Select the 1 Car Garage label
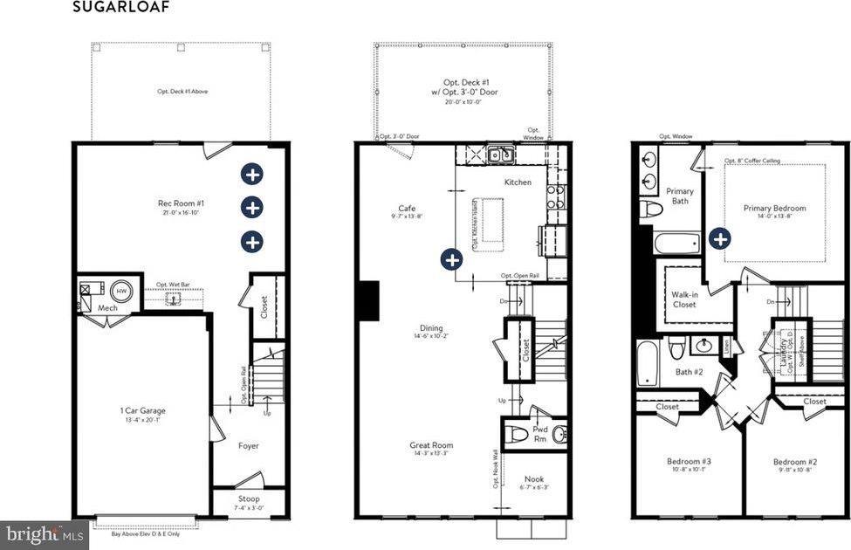pyautogui.click(x=142, y=410)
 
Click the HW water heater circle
pyautogui.click(x=122, y=291)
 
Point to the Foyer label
pyautogui.click(x=249, y=446)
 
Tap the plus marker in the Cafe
pyautogui.click(x=451, y=258)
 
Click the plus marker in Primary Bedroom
pyautogui.click(x=719, y=238)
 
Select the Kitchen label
pyautogui.click(x=518, y=182)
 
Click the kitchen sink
pyautogui.click(x=500, y=155)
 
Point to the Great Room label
pyautogui.click(x=431, y=445)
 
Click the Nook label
pyautogui.click(x=533, y=479)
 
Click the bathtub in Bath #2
pyautogui.click(x=645, y=363)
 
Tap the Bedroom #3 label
pyautogui.click(x=688, y=461)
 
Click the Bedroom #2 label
pyautogui.click(x=794, y=462)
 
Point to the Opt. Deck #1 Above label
pyautogui.click(x=182, y=91)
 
